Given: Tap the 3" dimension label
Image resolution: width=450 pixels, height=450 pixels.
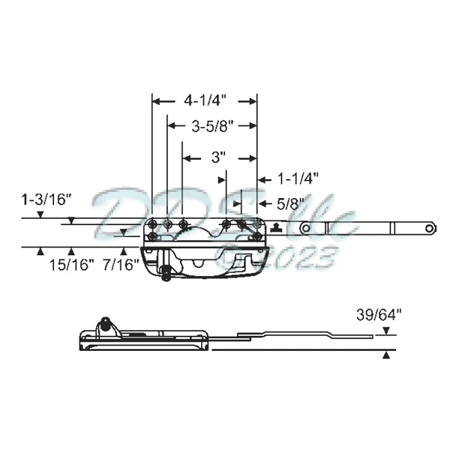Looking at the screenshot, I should click(218, 157).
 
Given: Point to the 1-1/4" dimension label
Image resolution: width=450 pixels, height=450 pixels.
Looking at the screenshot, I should click(298, 178).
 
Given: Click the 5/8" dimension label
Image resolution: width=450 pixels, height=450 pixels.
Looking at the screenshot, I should click(291, 202).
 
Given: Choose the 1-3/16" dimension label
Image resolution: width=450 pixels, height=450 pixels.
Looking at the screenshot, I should click(46, 199).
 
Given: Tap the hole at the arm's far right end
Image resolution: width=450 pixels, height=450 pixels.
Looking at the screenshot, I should click(428, 226).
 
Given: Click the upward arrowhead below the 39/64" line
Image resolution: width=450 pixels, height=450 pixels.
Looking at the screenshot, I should click(386, 356).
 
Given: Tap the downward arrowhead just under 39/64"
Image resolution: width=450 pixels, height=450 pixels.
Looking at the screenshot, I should click(386, 331).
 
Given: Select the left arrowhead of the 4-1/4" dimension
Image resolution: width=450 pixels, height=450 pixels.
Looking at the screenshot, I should click(156, 99).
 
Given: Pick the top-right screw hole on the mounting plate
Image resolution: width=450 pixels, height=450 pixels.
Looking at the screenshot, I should click(255, 223).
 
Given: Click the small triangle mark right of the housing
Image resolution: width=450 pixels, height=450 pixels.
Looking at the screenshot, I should click(276, 228).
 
